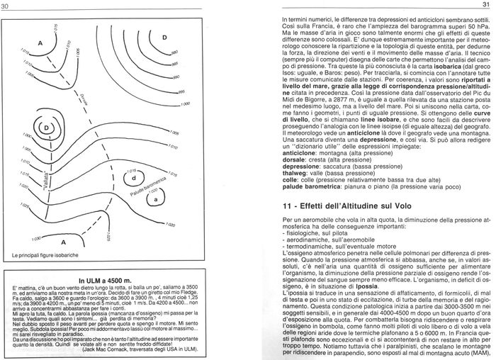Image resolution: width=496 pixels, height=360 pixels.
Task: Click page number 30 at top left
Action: click(5, 6)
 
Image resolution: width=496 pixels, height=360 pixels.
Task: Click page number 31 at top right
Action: click(487, 6)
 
